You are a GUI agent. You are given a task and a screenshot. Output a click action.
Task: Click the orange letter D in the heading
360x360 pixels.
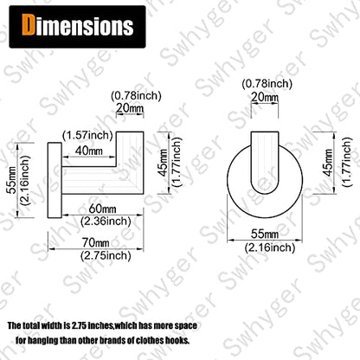click(28, 25)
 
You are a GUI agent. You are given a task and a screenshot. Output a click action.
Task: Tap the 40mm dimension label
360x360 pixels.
click(88, 150)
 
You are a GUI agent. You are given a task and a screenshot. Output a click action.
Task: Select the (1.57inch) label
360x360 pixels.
click(87, 135)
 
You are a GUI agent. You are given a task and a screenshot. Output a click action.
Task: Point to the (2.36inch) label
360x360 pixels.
click(106, 222)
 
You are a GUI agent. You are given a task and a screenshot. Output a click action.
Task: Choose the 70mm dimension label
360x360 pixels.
click(95, 242)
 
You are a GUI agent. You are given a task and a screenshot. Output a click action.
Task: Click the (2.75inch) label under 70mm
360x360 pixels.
click(106, 255)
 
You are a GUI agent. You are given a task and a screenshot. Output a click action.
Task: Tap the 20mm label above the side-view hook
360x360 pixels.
click(130, 108)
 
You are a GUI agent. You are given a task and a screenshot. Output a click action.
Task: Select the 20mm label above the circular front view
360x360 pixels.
click(265, 97)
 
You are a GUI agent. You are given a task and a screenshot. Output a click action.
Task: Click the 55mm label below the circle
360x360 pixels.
click(265, 234)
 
